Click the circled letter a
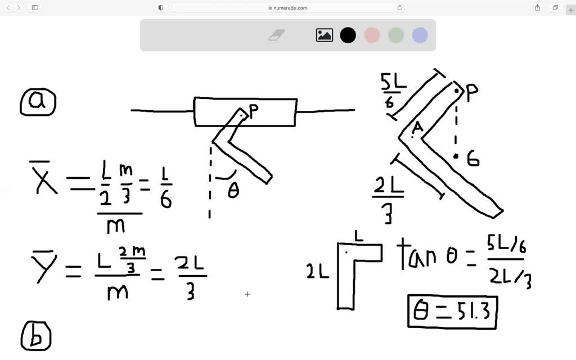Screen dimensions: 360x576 click(38, 102)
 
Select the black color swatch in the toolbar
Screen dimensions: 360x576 click(348, 35)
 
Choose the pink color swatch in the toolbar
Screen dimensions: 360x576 click(372, 35)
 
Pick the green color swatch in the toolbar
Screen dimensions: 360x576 click(396, 35)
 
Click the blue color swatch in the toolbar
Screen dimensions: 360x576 click(420, 35)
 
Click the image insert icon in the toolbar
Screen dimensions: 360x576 click(325, 35)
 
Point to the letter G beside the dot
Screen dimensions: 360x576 click(473, 160)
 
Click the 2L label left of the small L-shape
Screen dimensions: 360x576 click(318, 272)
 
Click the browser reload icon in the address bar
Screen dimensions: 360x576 click(400, 8)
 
